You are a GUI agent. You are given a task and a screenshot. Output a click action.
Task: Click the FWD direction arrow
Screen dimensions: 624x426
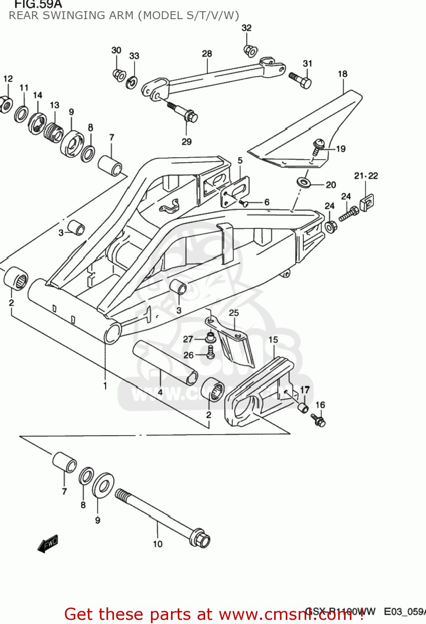tap(48, 544)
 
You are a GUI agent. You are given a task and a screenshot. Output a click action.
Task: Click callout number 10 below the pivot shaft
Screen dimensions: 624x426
tap(158, 544)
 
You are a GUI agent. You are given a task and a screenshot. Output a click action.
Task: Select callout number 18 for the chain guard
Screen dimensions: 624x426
tap(342, 74)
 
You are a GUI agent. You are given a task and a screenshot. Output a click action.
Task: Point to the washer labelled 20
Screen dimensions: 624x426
tap(304, 182)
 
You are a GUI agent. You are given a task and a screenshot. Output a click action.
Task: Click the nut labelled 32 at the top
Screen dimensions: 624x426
tap(250, 51)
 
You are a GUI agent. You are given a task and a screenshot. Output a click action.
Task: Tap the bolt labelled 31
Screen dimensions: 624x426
tap(301, 80)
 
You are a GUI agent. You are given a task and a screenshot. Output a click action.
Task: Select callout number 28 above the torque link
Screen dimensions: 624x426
tap(207, 54)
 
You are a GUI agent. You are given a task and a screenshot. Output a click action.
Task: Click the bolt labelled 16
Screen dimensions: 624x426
tap(319, 420)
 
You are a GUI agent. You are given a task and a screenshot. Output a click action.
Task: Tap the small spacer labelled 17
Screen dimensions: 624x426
tap(303, 407)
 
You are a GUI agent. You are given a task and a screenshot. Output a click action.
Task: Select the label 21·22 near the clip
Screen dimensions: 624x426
tap(366, 176)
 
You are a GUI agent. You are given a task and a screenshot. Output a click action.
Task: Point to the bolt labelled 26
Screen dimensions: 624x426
tap(211, 353)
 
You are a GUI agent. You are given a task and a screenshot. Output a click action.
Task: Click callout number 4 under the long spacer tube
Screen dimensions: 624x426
tap(160, 392)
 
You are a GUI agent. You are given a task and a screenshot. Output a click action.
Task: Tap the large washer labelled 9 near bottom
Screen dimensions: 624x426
tap(103, 485)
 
